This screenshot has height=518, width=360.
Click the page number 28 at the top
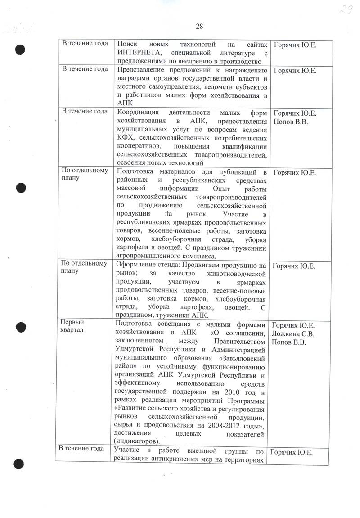pyautogui.click(x=199, y=26)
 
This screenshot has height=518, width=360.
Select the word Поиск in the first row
pyautogui.click(x=126, y=44)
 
